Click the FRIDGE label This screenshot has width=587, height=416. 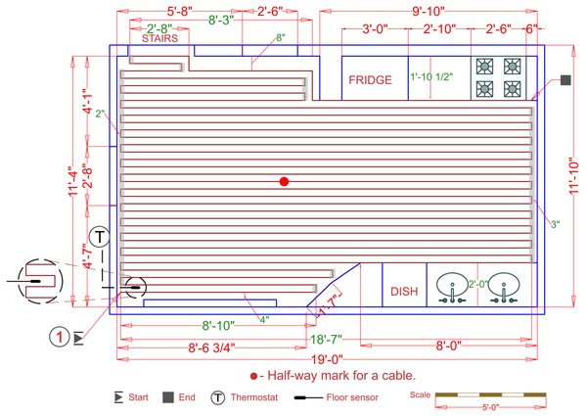[x=371, y=79]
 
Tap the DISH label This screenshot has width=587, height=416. [x=404, y=291]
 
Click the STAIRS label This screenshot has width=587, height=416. [x=158, y=41]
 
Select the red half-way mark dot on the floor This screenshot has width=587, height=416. [x=284, y=181]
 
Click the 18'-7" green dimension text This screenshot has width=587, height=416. [x=326, y=339]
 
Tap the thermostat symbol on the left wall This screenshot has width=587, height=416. [x=100, y=236]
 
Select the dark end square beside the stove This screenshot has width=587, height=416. [x=565, y=80]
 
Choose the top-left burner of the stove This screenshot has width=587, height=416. [x=484, y=66]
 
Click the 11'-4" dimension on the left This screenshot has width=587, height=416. [x=72, y=179]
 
